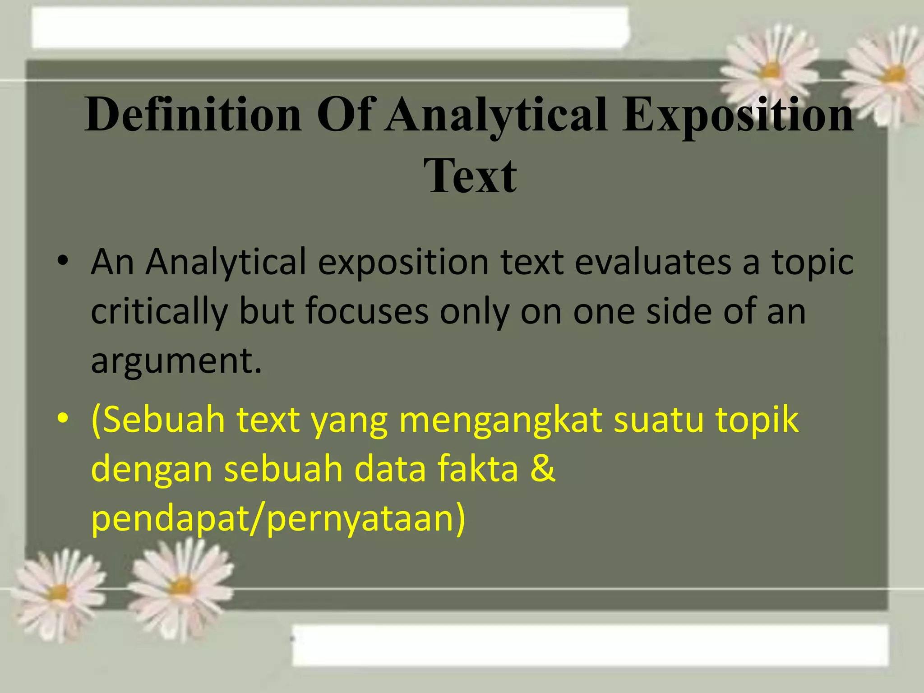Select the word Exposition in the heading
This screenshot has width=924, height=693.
coord(738,115)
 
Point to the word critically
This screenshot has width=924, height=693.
coord(160,312)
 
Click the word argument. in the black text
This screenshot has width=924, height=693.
coord(176,361)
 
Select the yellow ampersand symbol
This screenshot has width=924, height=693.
coord(542,468)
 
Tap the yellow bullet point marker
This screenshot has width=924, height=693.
coord(63,420)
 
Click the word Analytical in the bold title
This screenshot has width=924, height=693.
coord(496,115)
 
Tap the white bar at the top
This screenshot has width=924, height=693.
coord(329,27)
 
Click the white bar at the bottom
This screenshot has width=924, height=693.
coord(590,645)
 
